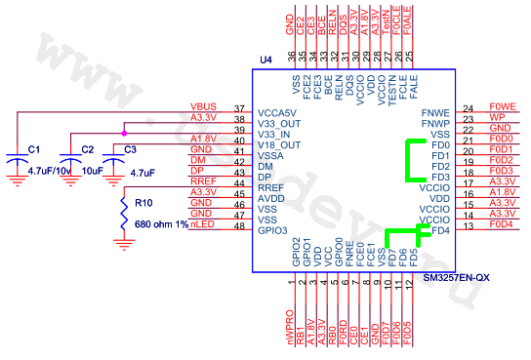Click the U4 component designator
point(265,61)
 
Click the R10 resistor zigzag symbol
point(124,214)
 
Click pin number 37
point(239,107)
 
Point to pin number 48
point(239,225)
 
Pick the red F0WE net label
point(502,106)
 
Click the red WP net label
point(497,117)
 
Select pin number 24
point(468,107)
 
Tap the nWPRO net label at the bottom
point(291,325)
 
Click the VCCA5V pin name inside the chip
point(277,112)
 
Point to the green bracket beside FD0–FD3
point(409,161)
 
